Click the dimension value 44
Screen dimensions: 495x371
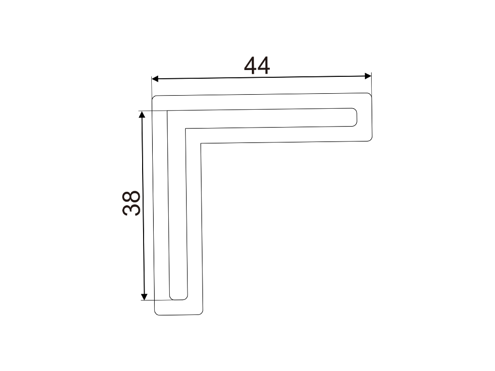257,66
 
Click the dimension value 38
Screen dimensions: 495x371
131,203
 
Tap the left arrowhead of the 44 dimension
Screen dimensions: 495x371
155,79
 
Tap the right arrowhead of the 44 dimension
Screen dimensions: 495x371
368,76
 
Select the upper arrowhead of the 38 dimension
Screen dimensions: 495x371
142,114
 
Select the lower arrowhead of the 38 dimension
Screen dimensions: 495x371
144,297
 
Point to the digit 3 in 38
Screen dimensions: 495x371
131,210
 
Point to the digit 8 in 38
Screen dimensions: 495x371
131,197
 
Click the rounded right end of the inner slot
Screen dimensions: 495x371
356,117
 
